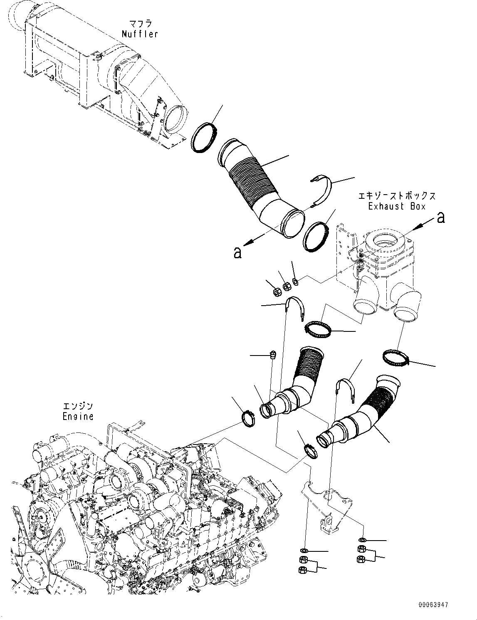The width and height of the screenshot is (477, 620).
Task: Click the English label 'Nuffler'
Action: coord(140,34)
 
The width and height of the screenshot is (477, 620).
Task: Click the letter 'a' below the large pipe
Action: coord(237,252)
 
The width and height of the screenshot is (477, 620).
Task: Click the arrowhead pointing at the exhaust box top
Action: coord(418,225)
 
